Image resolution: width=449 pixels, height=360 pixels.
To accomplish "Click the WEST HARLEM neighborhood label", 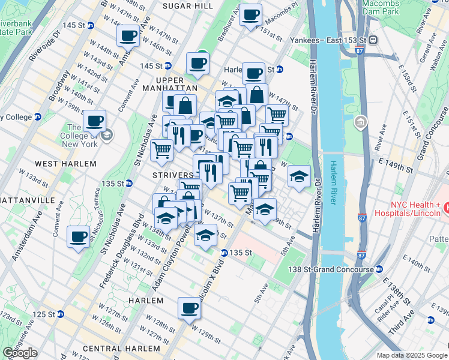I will click(x=65, y=164).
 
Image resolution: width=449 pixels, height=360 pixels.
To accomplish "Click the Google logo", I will click(x=20, y=353).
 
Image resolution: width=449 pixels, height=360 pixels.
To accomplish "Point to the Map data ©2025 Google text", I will click(x=412, y=355).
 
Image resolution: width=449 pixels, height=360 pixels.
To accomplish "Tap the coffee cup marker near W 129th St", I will click(x=188, y=309).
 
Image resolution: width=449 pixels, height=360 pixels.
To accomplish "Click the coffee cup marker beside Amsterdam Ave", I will click(x=79, y=236).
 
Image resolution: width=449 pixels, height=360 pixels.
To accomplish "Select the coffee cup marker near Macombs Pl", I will click(x=250, y=14).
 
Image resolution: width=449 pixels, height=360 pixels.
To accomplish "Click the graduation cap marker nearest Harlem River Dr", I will click(x=299, y=176).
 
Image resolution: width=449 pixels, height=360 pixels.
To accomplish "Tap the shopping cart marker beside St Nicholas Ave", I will click(x=161, y=150).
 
